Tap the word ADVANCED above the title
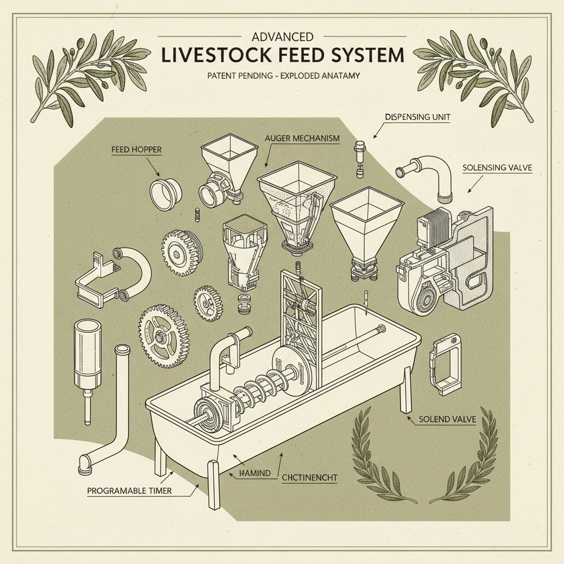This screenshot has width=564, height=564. (282, 37)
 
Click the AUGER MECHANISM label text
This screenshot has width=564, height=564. (301, 138)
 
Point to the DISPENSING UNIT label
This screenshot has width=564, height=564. (417, 117)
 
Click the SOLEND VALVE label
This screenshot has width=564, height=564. (447, 419)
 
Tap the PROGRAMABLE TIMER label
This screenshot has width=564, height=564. (129, 490)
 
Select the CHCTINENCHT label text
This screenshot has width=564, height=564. (310, 478)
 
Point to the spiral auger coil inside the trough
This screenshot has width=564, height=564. (263, 385)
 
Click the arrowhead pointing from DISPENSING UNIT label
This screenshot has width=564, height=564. (376, 135)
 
